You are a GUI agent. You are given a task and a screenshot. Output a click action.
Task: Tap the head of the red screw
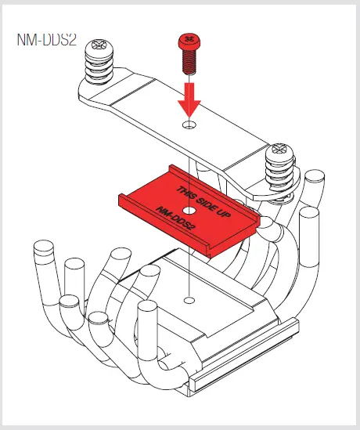187,39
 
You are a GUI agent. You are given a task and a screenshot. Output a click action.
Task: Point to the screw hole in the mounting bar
188,125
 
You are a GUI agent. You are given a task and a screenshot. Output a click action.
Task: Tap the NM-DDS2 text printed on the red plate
175,221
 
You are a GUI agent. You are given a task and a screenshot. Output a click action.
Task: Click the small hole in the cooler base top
188,300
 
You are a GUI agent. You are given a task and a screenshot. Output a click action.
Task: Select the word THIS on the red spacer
186,193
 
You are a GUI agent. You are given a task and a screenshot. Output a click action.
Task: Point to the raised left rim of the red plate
129,205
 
